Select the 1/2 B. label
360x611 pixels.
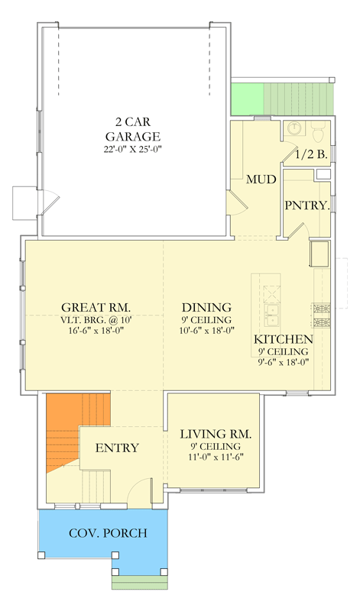click(311, 155)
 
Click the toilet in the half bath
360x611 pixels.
click(319, 131)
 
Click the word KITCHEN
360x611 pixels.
click(283, 339)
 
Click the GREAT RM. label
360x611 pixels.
click(96, 307)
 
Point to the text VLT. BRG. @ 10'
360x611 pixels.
click(96, 319)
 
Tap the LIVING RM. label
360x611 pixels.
click(216, 434)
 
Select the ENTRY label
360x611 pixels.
click(117, 448)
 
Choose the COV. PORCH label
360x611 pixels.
click(108, 532)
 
